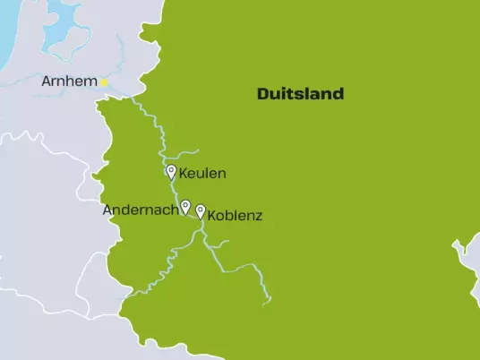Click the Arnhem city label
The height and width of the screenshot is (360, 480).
70,82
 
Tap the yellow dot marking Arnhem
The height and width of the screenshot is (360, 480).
104,82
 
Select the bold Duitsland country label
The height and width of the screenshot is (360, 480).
300,94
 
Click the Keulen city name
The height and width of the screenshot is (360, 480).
202,173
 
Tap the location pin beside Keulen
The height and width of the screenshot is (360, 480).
171,171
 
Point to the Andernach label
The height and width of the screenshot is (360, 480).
141,210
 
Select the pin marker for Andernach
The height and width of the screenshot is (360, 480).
185,207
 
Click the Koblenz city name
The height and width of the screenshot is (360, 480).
235,216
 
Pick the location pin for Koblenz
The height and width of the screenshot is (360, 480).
200,211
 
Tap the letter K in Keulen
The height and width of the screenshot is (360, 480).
184,173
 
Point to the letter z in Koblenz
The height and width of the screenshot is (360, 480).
259,216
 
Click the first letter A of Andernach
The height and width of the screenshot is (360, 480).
108,210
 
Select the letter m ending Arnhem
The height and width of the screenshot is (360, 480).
91,82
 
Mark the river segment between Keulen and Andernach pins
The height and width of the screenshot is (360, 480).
177,191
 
